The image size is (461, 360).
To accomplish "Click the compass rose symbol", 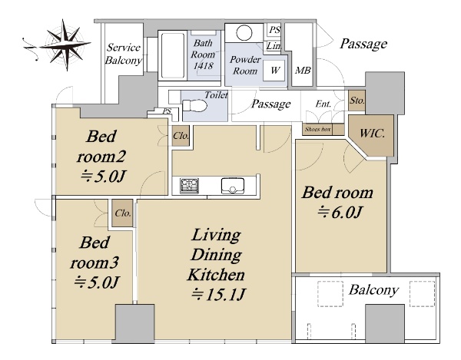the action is tap(65, 45).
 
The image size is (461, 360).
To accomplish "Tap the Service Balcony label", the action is tap(124, 54).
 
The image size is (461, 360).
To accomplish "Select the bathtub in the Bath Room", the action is tap(173, 56).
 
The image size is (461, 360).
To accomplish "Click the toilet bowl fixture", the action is tap(194, 106).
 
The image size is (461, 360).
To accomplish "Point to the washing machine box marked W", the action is tap(274, 71).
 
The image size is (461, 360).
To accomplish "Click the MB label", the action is tap(303, 71).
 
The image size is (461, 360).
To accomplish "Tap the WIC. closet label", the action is tap(372, 134).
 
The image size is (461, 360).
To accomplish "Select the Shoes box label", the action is tap(317, 129).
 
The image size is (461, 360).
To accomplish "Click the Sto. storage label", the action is tap(357, 101).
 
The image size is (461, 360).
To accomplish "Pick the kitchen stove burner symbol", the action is tap(189, 186).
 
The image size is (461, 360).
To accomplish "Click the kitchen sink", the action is tap(233, 186).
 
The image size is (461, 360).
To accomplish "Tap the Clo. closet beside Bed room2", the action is tap(181, 136).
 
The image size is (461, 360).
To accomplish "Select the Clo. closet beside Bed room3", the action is tap(123, 213).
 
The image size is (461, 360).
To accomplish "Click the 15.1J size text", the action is tap(218, 295).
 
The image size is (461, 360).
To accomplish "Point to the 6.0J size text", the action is tap(340, 213).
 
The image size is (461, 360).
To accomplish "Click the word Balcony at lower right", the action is tap(373, 290).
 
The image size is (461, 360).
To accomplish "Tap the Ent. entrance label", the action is tap(323, 104).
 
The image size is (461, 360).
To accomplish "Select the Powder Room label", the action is tap(245, 65).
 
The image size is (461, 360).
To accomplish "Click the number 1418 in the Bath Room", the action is tap(203, 65).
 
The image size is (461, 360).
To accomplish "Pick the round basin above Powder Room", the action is tap(244, 32).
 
